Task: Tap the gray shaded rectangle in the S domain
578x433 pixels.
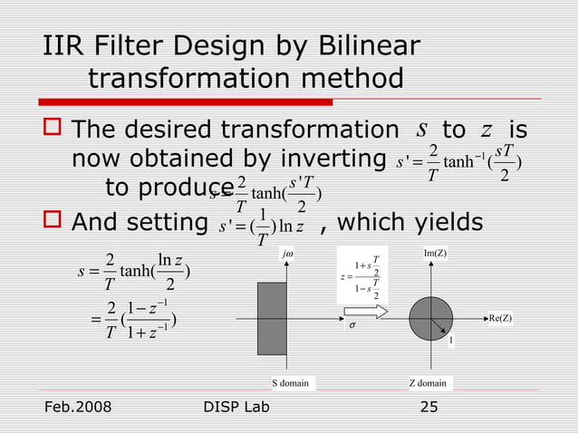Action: pyautogui.click(x=272, y=318)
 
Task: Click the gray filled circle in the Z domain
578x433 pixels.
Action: pyautogui.click(x=431, y=318)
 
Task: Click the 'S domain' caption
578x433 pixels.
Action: pyautogui.click(x=291, y=383)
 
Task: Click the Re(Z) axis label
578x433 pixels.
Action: pyautogui.click(x=499, y=318)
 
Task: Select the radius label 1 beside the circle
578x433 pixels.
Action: pyautogui.click(x=450, y=342)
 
